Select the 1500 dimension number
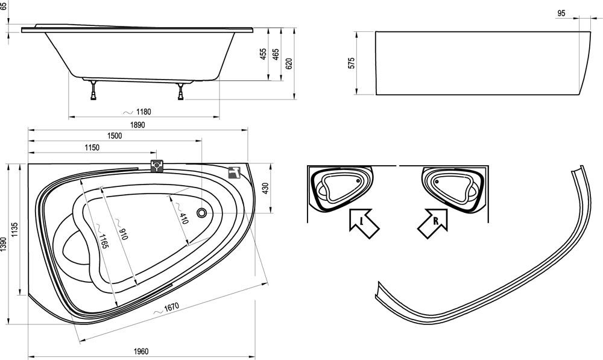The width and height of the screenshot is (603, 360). (x=115, y=136)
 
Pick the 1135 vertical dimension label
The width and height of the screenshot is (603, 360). (x=16, y=230)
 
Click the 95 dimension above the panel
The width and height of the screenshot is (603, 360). (x=561, y=13)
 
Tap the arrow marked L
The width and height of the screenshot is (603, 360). (x=362, y=222)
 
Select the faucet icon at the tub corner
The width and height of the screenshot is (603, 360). (x=235, y=172)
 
